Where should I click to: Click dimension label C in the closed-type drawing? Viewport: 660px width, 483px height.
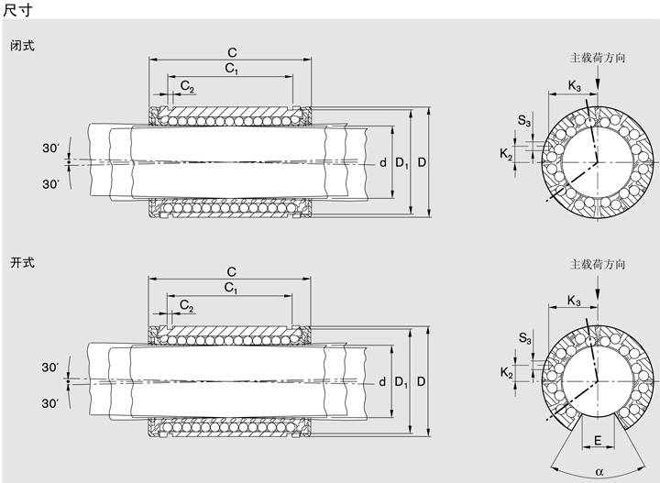tap(231, 52)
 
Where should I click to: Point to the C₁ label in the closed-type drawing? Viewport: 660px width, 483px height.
tap(230, 69)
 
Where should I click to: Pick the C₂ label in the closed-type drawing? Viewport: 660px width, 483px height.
tap(187, 86)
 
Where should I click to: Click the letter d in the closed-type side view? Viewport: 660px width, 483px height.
tap(383, 163)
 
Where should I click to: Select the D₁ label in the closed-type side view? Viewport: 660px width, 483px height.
tap(401, 163)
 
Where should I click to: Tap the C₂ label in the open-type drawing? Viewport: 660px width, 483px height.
tap(187, 305)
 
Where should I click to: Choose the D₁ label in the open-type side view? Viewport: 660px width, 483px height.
tap(401, 381)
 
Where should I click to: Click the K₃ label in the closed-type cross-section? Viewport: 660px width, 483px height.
tap(575, 86)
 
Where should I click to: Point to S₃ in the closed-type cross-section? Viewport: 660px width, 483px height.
tap(523, 121)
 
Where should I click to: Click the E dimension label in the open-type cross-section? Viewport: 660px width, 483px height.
tap(598, 442)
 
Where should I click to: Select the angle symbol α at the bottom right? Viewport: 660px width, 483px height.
tap(599, 472)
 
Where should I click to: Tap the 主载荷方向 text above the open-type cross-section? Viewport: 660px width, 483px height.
tap(598, 264)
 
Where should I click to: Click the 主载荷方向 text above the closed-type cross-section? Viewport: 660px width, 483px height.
tap(598, 57)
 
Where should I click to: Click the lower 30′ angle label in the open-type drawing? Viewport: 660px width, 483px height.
tap(49, 403)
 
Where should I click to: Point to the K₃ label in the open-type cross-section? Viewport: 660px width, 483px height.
tap(575, 302)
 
